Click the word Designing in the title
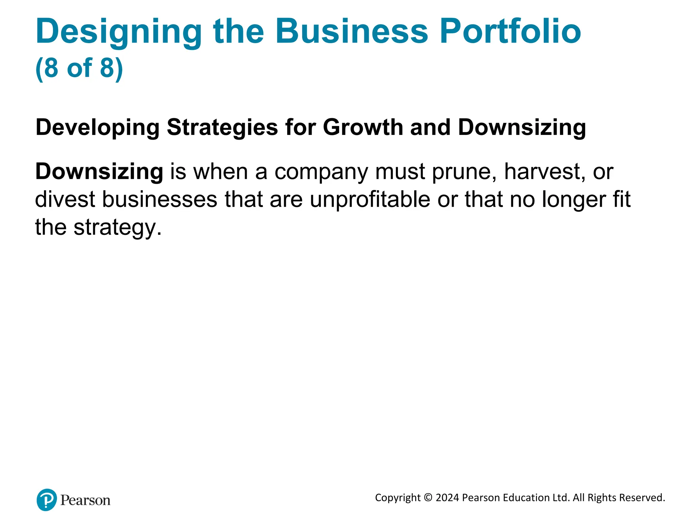(119, 32)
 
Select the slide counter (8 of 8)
(79, 68)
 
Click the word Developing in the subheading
(97, 128)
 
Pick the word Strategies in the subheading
(222, 128)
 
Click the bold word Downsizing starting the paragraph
(99, 172)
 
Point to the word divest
(65, 199)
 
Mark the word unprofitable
(370, 200)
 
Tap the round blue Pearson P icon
(47, 500)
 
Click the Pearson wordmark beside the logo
(85, 500)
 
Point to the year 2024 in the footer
(447, 498)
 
